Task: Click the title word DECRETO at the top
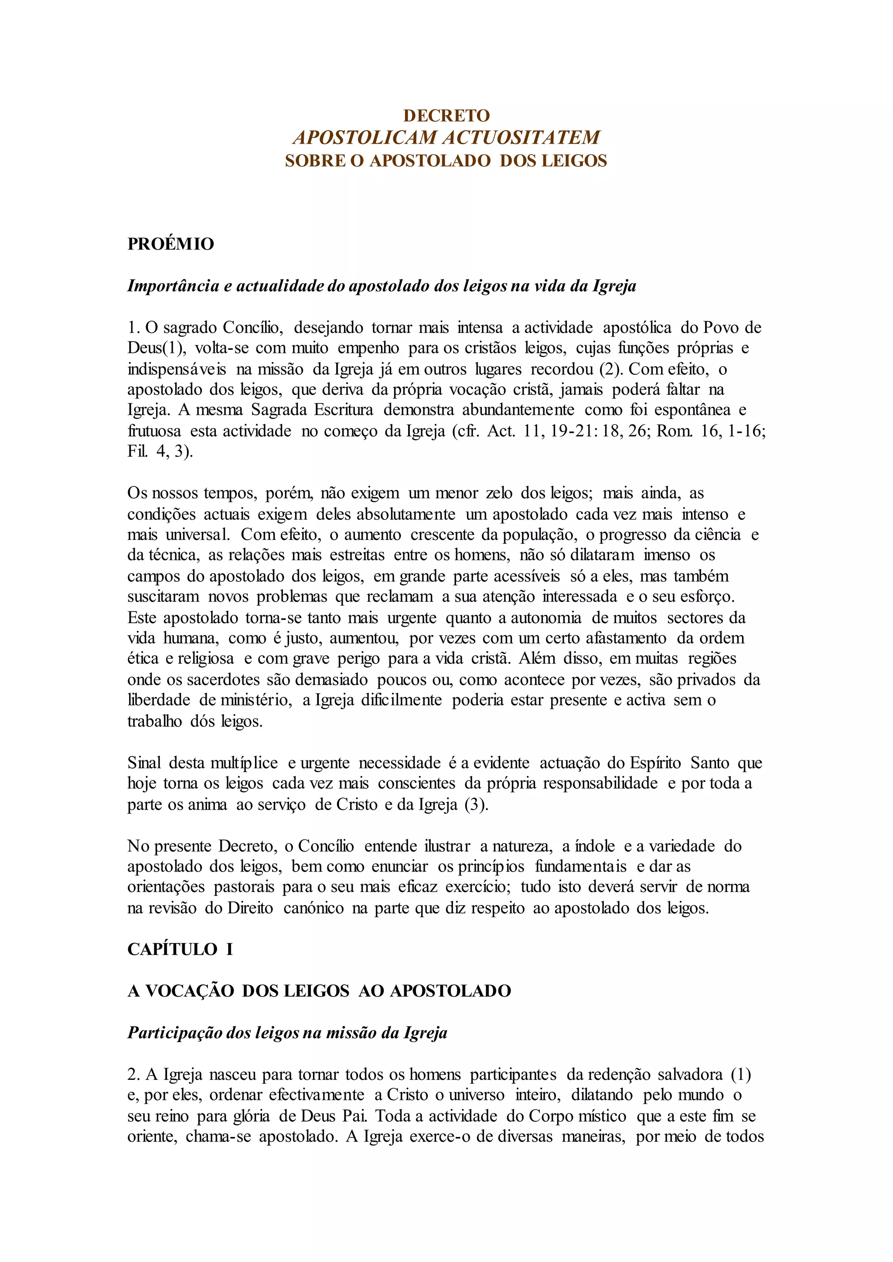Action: [446, 115]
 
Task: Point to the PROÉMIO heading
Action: [170, 244]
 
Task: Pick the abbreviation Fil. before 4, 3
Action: [137, 452]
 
